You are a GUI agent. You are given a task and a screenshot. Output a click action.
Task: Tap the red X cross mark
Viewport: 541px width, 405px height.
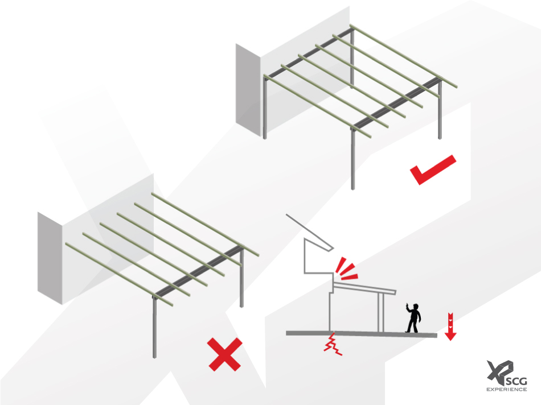coord(224,354)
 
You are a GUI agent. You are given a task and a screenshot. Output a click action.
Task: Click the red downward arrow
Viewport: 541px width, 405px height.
coord(450,327)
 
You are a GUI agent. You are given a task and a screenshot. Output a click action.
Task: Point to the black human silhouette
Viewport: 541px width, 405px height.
coord(413,318)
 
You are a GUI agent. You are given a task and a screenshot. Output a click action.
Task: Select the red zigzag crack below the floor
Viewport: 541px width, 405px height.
coord(333,344)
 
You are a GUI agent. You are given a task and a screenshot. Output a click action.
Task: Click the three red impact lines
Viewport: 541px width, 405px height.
coord(346,269)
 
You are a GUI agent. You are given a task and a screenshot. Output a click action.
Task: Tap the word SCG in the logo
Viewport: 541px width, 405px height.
coord(517,382)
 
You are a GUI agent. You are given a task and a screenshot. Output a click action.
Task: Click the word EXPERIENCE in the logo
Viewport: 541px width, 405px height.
coord(506,390)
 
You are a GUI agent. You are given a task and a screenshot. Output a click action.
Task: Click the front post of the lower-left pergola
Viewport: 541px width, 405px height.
coord(154,328)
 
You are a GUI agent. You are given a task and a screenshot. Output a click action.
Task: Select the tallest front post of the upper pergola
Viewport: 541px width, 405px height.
coord(353,159)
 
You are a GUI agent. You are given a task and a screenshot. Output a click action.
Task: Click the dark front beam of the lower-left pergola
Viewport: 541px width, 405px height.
coord(199,271)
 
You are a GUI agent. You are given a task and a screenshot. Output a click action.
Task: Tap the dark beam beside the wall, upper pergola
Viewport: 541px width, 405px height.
coord(309,53)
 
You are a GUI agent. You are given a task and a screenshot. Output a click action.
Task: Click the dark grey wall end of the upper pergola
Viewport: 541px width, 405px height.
coord(248,90)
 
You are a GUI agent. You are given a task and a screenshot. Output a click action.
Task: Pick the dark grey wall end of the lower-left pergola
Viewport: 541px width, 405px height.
coord(50,258)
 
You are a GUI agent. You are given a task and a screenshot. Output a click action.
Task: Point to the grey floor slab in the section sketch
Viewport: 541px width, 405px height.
coord(362,334)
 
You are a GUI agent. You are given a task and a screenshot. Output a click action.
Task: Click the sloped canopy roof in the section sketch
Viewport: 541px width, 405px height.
coord(364,287)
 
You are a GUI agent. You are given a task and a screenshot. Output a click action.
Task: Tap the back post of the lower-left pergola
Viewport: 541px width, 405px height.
coord(241,278)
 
